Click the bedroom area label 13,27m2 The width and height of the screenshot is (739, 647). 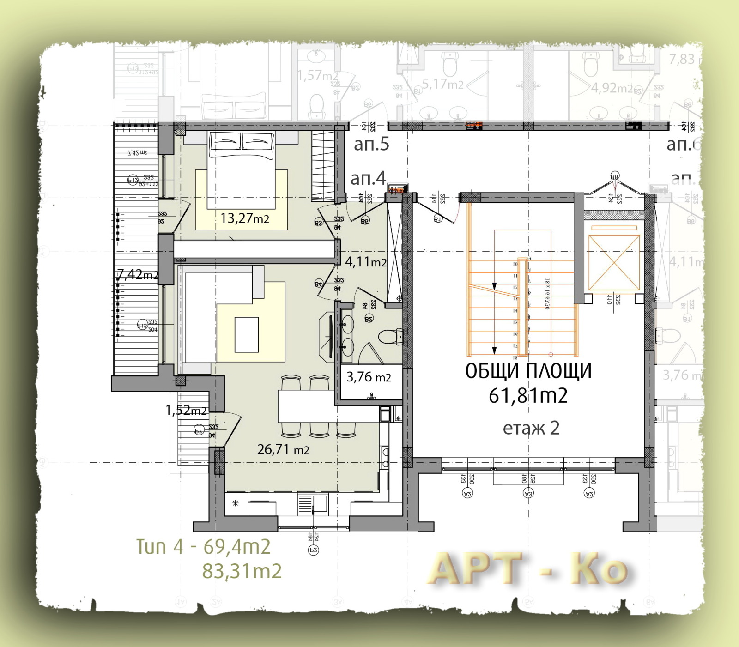(x=245, y=218)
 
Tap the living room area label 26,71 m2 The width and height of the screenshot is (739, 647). (x=283, y=449)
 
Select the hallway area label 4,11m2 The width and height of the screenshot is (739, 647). (x=365, y=262)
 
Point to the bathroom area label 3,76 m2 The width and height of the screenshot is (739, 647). (x=369, y=377)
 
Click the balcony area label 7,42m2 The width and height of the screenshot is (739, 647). (x=137, y=274)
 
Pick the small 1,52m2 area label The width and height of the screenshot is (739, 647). (x=186, y=410)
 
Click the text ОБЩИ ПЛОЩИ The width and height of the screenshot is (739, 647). (x=528, y=371)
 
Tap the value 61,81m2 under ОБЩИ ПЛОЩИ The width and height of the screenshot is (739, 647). (x=528, y=396)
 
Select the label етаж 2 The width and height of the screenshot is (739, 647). (x=531, y=428)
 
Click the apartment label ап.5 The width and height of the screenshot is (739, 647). (x=371, y=144)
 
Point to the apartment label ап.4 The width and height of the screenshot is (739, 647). (x=368, y=178)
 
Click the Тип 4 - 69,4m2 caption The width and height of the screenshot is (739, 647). (x=203, y=547)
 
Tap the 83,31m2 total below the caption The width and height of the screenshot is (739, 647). (x=242, y=571)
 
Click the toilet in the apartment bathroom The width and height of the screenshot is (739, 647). (x=391, y=337)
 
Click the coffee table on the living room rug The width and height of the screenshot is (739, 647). (x=246, y=334)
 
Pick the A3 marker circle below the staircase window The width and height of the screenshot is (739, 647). (x=528, y=494)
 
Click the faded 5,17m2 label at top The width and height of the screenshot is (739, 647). (x=442, y=85)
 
